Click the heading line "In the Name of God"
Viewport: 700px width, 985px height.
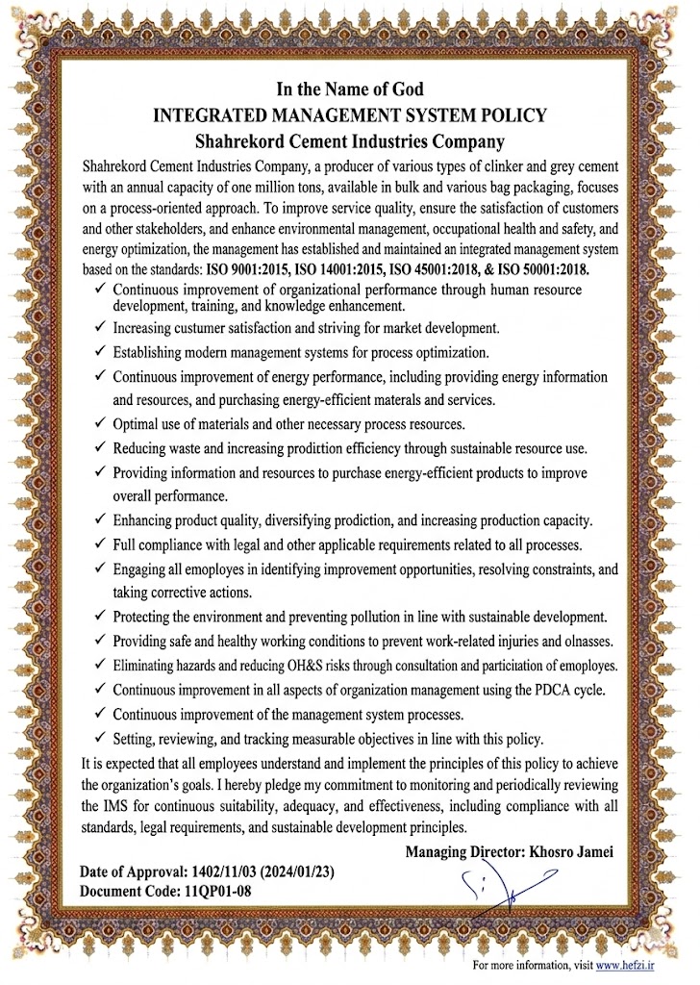click(349, 91)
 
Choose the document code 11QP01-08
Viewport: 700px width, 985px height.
click(217, 891)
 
